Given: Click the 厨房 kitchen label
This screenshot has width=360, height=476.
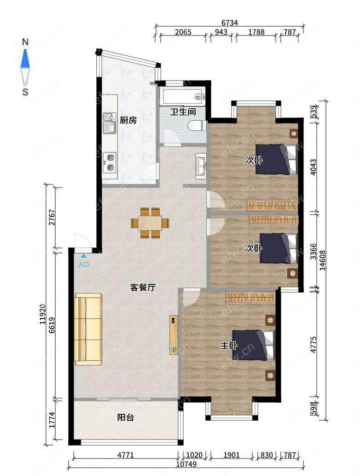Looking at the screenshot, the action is click(128, 120).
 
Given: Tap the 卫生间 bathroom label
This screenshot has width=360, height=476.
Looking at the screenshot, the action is click(183, 112).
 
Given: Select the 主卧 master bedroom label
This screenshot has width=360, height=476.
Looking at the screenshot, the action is click(229, 345).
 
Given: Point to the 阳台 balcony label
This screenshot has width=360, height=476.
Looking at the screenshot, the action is click(126, 418).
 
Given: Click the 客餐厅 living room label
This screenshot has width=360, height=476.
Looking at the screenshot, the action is click(143, 287).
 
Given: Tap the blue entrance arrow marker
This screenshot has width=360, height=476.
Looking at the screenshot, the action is click(83, 256).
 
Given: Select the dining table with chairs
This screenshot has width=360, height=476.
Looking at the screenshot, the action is click(150, 223).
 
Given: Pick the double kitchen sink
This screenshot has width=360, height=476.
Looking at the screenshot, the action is click(110, 123).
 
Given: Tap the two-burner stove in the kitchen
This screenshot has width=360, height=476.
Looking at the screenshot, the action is click(110, 162).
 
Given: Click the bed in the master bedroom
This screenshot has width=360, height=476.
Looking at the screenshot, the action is click(254, 345).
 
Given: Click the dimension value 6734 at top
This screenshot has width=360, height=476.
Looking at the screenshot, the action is click(230, 23).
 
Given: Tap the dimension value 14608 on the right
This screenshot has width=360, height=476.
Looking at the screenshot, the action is click(322, 260).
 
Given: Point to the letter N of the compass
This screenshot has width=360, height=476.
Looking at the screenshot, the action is click(25, 42).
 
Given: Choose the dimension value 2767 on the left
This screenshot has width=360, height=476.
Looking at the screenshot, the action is click(52, 217).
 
